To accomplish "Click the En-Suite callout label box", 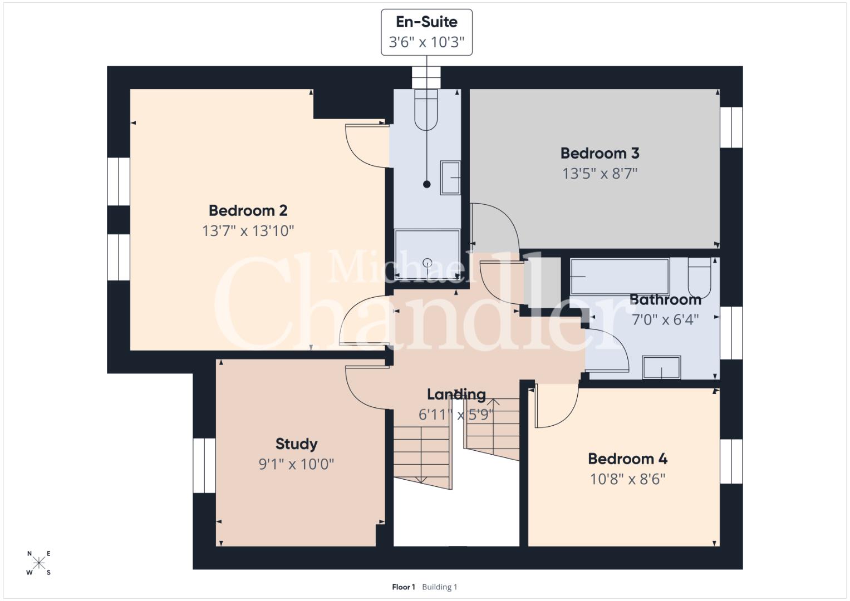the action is [x=426, y=32].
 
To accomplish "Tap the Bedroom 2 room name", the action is [x=248, y=210].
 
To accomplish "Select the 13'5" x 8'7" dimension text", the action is [x=600, y=174].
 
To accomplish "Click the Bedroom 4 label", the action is [x=628, y=459].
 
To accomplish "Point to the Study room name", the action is [x=296, y=444].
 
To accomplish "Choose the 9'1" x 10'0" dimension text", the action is [x=296, y=464].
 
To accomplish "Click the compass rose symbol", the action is [x=39, y=563].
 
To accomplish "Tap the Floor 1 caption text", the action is [x=404, y=587].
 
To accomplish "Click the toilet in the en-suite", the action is [x=426, y=110].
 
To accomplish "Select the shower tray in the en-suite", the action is [x=428, y=254].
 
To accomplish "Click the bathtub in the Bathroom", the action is [x=620, y=277].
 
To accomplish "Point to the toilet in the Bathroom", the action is [x=699, y=278].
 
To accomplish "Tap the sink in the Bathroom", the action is [x=661, y=367].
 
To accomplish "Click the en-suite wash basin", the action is [x=450, y=178].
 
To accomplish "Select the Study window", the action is [x=204, y=466].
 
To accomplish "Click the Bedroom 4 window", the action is [x=731, y=461].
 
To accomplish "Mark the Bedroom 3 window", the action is [x=731, y=127].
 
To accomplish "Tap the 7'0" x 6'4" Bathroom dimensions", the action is [x=665, y=320].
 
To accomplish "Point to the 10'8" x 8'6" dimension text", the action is [x=628, y=479].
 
